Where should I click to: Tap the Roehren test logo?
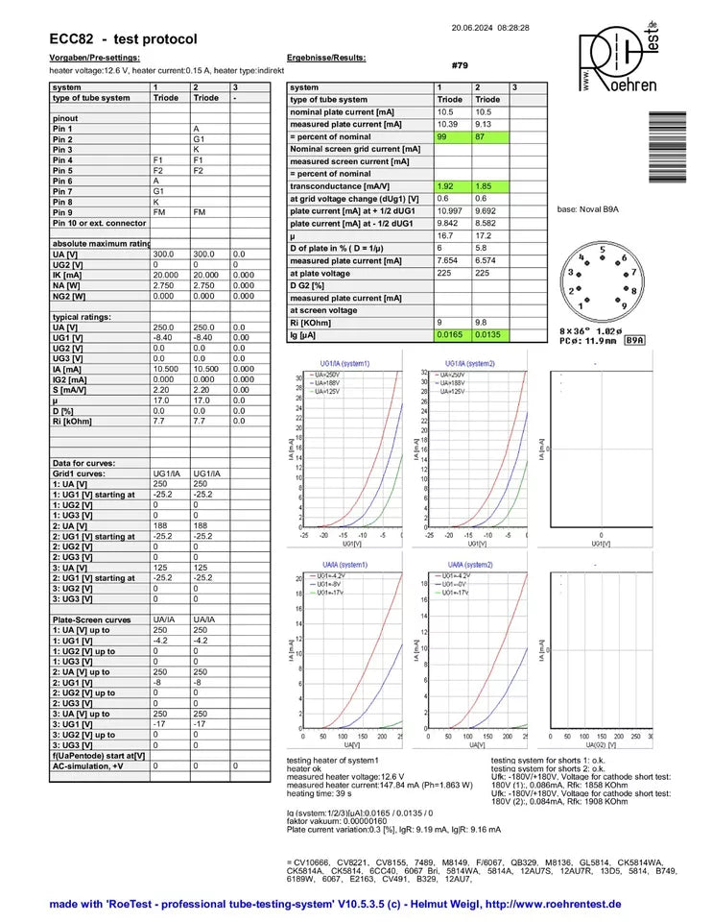pos(618,60)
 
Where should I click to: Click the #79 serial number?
pos(459,65)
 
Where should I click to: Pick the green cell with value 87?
pos(489,136)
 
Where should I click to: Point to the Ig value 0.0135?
pos(489,335)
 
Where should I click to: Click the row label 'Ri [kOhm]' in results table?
pos(312,323)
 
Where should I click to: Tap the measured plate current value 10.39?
pos(448,124)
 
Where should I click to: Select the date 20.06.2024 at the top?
pos(473,28)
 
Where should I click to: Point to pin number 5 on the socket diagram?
pos(603,250)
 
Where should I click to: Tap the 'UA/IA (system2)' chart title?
pos(470,564)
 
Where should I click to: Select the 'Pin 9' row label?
pos(63,211)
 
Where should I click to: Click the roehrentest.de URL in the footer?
pos(554,904)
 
